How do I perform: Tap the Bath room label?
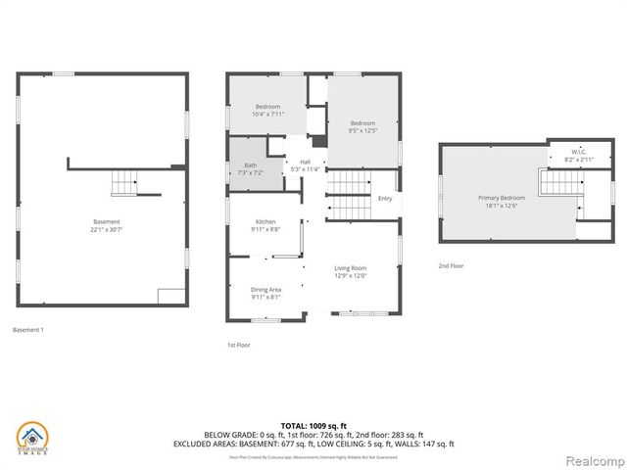250,164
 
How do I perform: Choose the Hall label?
305,162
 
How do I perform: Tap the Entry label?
385,199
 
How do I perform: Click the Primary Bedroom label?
503,198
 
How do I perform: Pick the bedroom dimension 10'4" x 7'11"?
268,115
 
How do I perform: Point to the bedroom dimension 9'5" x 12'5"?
362,130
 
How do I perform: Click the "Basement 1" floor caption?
27,330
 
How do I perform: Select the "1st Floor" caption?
238,345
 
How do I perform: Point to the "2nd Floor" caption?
452,265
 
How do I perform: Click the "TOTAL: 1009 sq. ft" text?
313,425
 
